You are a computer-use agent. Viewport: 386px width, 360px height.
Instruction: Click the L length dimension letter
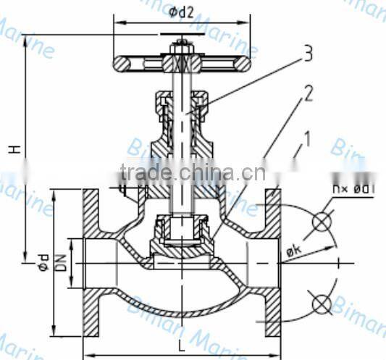tap(180, 346)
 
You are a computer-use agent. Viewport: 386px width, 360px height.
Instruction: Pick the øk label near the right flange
tap(293, 250)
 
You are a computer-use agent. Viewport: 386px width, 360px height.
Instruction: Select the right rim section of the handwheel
tap(241, 65)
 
